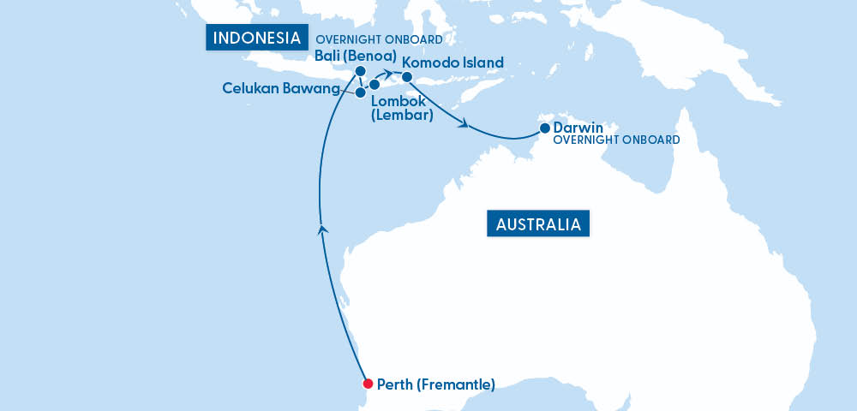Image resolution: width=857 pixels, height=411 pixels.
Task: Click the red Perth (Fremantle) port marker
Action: (x=367, y=384)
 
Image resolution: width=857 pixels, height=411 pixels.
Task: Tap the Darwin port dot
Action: (x=544, y=129)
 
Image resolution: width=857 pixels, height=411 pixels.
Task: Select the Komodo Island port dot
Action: (x=407, y=78)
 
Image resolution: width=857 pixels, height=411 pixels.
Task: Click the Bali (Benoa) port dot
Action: (x=361, y=71)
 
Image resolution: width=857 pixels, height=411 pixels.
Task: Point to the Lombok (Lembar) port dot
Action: (x=375, y=85)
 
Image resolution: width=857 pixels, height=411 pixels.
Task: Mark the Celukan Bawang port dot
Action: (x=361, y=92)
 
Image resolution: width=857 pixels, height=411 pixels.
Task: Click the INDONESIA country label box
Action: (x=256, y=38)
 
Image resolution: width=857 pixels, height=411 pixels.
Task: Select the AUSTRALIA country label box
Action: (x=539, y=224)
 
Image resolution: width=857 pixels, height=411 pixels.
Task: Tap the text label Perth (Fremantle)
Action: (x=436, y=384)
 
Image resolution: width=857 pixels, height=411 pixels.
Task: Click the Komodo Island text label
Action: (x=452, y=63)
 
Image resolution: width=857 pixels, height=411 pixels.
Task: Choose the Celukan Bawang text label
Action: (x=280, y=88)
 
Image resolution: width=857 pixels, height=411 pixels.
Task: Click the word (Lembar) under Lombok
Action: (x=402, y=115)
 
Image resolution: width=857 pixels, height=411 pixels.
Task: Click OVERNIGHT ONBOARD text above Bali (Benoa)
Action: (x=379, y=39)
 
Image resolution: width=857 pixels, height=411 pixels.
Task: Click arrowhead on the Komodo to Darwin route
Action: (x=465, y=126)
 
